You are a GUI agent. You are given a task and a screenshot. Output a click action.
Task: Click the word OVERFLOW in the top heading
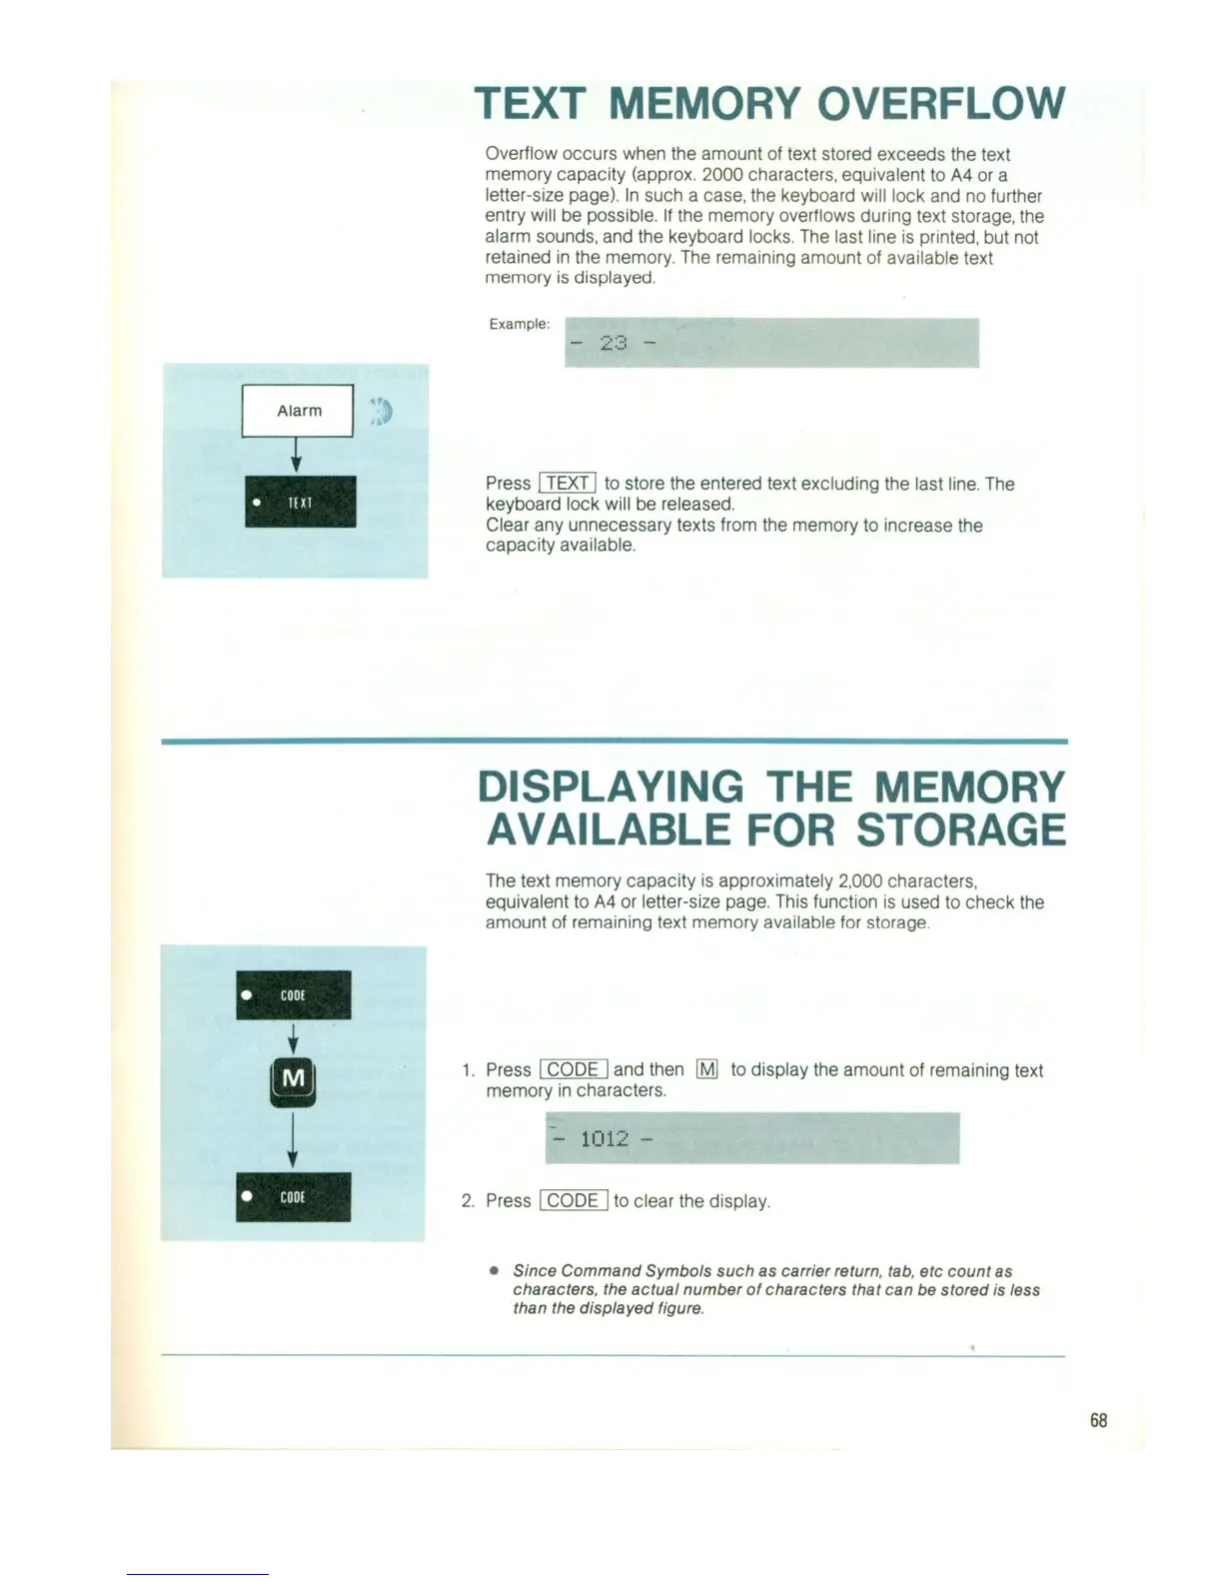(x=940, y=104)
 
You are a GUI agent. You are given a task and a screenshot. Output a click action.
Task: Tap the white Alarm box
(x=298, y=411)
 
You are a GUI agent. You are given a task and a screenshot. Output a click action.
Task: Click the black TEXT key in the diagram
(x=300, y=502)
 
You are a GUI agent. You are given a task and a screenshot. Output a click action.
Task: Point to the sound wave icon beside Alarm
(x=381, y=411)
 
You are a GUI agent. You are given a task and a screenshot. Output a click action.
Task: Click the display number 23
(x=613, y=343)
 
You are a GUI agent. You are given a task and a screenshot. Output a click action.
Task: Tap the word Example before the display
(x=519, y=324)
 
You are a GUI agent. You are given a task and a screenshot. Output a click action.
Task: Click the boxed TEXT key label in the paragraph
(x=568, y=484)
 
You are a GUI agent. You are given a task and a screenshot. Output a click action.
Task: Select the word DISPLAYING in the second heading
(x=611, y=788)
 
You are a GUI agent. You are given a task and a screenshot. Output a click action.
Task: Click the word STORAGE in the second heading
(x=961, y=830)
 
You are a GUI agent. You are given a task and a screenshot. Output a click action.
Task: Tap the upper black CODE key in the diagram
(x=293, y=995)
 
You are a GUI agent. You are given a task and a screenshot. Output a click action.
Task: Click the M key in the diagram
(x=293, y=1080)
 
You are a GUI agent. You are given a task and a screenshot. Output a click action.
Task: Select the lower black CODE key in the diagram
(x=293, y=1196)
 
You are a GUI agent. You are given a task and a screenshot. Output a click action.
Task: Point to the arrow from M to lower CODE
(x=293, y=1139)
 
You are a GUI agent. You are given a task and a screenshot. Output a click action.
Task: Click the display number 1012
(x=604, y=1138)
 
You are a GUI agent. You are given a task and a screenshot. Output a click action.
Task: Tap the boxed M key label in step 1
(x=706, y=1069)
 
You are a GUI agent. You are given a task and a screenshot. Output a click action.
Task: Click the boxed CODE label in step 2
(x=574, y=1200)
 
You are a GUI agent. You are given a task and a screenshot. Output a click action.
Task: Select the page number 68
(x=1098, y=1420)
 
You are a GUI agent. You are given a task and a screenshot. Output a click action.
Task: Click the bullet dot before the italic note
(x=494, y=1271)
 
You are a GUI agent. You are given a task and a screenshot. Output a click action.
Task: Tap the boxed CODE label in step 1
(x=574, y=1069)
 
